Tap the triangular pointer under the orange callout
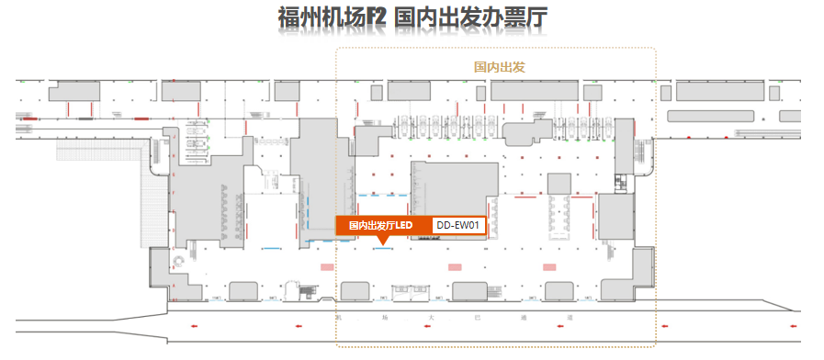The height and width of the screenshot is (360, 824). (x=382, y=242)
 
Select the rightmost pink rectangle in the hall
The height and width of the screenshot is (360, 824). (x=550, y=266)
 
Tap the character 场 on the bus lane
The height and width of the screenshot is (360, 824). (x=384, y=317)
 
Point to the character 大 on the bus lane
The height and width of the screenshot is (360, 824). (x=430, y=317)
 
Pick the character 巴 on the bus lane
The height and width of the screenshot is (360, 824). (x=478, y=317)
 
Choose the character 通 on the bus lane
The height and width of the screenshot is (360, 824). (x=524, y=317)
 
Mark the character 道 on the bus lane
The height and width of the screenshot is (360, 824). (x=570, y=317)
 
